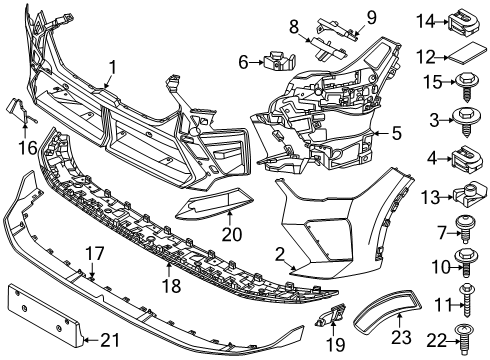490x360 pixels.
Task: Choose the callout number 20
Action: (x=231, y=235)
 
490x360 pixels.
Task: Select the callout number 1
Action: (x=113, y=69)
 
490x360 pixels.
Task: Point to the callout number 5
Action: (x=397, y=131)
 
